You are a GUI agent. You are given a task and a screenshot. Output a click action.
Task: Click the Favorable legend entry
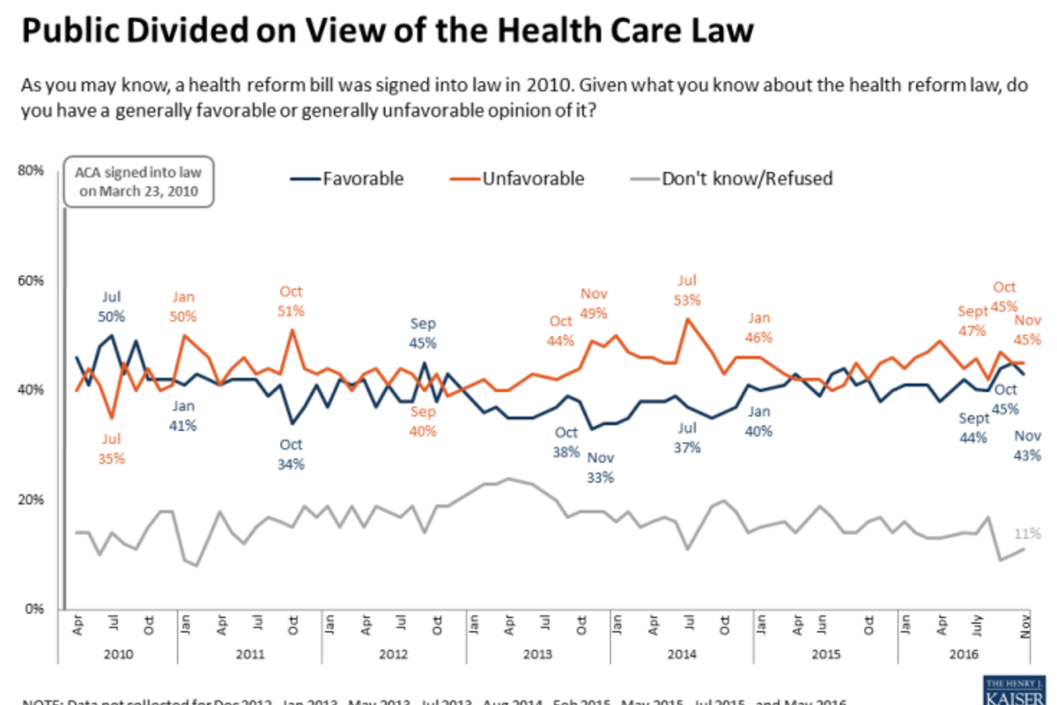347,179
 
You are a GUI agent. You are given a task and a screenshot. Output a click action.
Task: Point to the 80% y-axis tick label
32,171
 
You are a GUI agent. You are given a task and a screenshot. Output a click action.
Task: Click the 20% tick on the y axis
32,500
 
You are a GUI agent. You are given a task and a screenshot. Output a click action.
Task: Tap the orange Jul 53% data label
687,290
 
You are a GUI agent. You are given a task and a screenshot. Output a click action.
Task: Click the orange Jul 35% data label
112,449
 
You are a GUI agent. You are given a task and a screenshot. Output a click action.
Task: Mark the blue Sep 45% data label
423,333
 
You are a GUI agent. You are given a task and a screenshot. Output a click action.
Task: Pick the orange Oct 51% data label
292,301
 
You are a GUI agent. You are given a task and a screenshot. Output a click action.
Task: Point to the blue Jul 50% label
112,306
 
